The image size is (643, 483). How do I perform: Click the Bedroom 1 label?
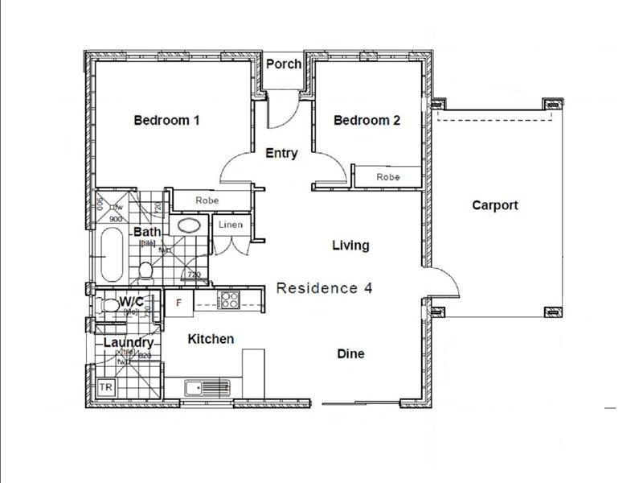(166, 121)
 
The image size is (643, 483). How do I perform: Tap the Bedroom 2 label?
(367, 121)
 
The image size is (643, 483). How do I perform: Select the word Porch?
(284, 64)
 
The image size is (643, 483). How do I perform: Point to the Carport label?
(494, 205)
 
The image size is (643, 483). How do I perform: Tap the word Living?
(350, 246)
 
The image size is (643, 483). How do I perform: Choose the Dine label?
(350, 353)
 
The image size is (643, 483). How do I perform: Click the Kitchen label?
(211, 339)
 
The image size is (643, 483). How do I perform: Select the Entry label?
(281, 153)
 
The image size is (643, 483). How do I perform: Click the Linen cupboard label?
(231, 225)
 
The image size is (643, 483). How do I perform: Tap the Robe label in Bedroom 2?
(387, 176)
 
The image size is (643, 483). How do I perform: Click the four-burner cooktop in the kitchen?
(228, 300)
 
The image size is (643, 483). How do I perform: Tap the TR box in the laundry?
(105, 387)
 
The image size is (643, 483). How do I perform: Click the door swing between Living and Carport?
(442, 282)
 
